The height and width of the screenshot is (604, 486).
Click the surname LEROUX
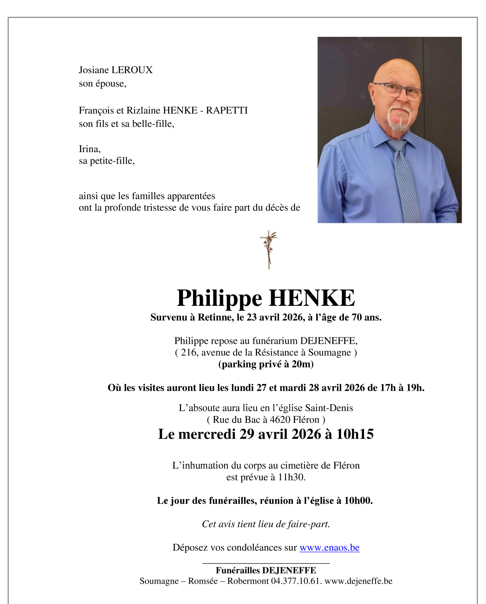(x=132, y=70)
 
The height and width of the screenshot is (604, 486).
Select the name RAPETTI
(x=227, y=110)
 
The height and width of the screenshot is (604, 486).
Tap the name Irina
(x=89, y=149)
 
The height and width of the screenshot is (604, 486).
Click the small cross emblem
(x=269, y=249)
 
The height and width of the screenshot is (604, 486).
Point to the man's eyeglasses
(x=397, y=90)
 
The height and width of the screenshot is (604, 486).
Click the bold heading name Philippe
(x=219, y=298)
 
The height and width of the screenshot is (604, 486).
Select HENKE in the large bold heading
(x=311, y=298)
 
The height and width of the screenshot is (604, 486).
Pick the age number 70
(x=356, y=317)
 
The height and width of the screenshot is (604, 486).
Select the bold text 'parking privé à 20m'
(x=266, y=364)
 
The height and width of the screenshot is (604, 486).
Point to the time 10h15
(x=355, y=434)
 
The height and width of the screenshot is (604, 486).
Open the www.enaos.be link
(x=329, y=548)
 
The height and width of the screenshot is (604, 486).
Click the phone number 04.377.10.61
(x=296, y=581)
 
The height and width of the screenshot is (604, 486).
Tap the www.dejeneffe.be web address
(x=358, y=581)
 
